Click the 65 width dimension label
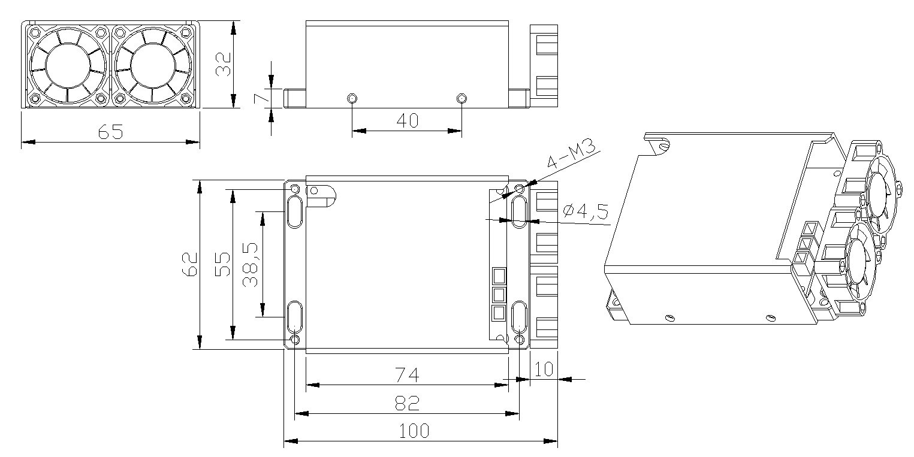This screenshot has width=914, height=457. click(x=110, y=132)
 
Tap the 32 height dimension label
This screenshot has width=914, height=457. click(x=223, y=65)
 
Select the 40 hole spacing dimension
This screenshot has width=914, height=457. click(x=407, y=120)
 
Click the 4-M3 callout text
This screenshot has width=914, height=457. click(x=571, y=153)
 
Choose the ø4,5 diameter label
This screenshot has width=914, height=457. click(x=586, y=211)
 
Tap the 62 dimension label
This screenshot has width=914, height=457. click(x=189, y=264)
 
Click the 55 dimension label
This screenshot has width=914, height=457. click(x=223, y=264)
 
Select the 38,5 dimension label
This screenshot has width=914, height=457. click(x=250, y=265)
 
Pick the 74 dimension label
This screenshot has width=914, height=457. click(x=407, y=375)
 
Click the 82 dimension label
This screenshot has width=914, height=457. click(x=407, y=404)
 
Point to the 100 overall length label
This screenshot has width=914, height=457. click(x=414, y=431)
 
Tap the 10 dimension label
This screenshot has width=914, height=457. click(x=544, y=370)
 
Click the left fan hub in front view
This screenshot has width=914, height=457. click(x=68, y=65)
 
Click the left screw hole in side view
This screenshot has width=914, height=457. click(x=352, y=98)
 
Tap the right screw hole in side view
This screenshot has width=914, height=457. click(x=461, y=98)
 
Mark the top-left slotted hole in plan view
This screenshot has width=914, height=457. click(x=295, y=212)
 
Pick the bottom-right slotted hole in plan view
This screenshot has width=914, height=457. click(x=519, y=317)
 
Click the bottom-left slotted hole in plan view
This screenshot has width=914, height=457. click(x=295, y=317)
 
